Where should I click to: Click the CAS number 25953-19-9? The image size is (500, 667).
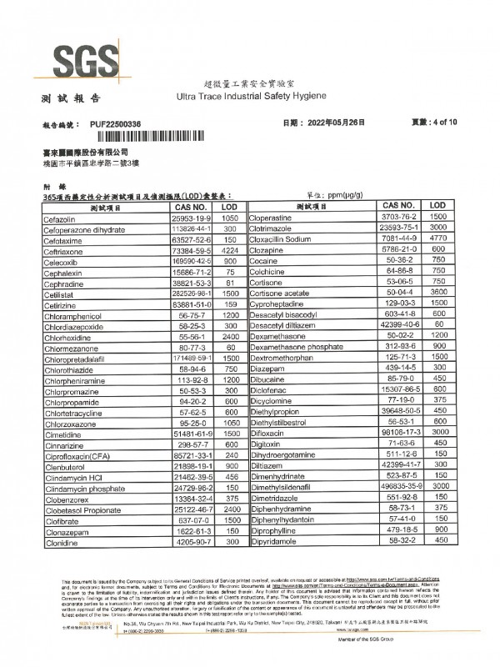192,218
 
